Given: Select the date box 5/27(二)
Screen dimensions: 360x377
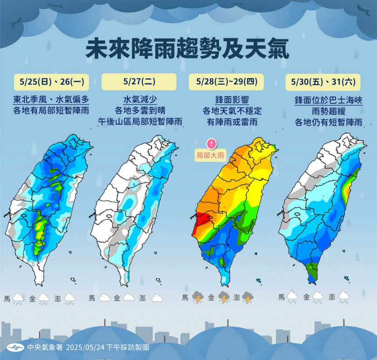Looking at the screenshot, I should tap(139, 82).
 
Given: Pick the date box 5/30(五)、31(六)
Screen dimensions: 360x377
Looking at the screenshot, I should tap(323, 82).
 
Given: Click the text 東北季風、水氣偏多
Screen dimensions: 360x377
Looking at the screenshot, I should tap(51, 100).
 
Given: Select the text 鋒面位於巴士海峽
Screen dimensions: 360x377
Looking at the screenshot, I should tap(328, 100).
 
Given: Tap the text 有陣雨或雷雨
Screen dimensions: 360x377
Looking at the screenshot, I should tap(232, 122).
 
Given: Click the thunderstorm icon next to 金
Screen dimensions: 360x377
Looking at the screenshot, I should tap(224, 297).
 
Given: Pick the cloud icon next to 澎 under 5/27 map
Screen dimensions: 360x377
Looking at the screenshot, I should tap(157, 298).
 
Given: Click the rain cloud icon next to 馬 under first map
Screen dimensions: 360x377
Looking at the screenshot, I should tap(18, 298).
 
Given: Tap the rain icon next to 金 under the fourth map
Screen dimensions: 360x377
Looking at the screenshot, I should tap(318, 297).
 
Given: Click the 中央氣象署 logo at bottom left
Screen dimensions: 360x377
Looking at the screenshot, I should tap(15, 347).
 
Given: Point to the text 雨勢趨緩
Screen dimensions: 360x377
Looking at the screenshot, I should tap(328, 111).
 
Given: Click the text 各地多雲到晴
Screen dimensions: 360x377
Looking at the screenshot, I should tap(139, 111).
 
